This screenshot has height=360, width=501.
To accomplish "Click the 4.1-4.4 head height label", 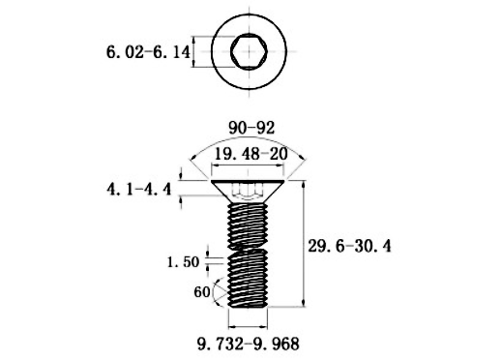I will (x=139, y=190).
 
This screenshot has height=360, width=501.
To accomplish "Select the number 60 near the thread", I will (x=201, y=291).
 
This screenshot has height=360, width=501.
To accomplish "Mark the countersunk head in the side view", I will (x=250, y=188).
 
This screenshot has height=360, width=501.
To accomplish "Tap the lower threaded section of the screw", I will (x=250, y=281).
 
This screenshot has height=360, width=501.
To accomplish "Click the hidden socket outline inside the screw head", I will (x=250, y=193).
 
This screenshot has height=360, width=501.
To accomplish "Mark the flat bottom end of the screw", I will (x=250, y=306).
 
